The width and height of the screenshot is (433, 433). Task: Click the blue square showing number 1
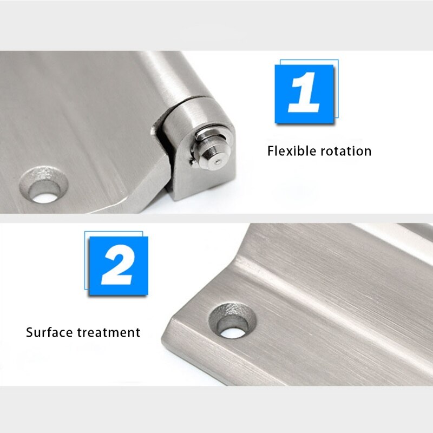[x=304, y=94]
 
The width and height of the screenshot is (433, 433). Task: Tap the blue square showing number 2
[x=117, y=266]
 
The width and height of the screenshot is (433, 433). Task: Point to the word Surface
[x=49, y=332]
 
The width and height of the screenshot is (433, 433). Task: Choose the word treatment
[x=109, y=332]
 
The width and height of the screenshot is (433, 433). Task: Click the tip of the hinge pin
[x=216, y=162]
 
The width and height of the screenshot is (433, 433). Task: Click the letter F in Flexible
[x=271, y=150]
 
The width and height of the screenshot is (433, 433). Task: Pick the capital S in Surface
[x=30, y=332]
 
